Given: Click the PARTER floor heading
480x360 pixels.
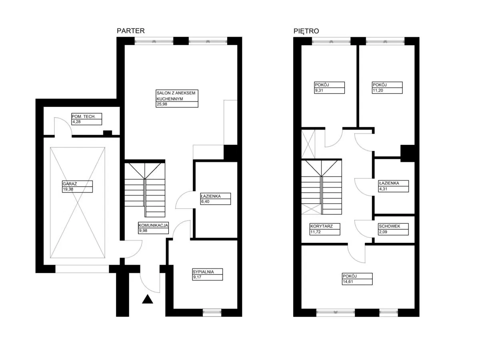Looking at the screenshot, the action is click(x=130, y=31).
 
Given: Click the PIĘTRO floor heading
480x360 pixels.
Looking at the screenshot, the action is click(x=306, y=31).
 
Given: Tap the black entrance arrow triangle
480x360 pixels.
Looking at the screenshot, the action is click(x=147, y=299).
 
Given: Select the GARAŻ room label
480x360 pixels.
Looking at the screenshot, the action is click(x=70, y=184).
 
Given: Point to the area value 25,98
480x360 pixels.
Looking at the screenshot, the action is click(x=162, y=104).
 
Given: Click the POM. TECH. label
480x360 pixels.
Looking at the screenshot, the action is click(x=84, y=116).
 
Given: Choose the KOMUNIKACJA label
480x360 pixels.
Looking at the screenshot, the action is click(x=153, y=225).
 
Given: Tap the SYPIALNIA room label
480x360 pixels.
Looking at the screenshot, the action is click(x=203, y=272).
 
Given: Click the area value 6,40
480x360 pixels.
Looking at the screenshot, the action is click(x=205, y=202).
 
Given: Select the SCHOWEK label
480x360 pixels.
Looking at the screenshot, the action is click(x=390, y=226).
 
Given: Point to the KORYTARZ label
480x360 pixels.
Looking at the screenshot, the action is click(x=322, y=226).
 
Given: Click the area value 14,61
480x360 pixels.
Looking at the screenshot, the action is click(x=348, y=282).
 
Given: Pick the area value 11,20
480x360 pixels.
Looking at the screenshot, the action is click(x=378, y=90).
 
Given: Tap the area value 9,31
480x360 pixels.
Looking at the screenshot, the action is click(x=319, y=90).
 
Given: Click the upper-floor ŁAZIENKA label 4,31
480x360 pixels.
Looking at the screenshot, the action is click(x=383, y=189).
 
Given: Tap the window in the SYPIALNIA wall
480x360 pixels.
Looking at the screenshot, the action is click(x=212, y=312).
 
